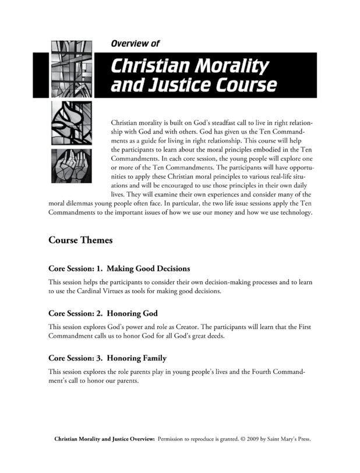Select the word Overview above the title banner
pos(130,43)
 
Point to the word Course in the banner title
pos(244,85)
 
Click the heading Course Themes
pos(80,239)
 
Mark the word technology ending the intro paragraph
pos(294,212)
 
